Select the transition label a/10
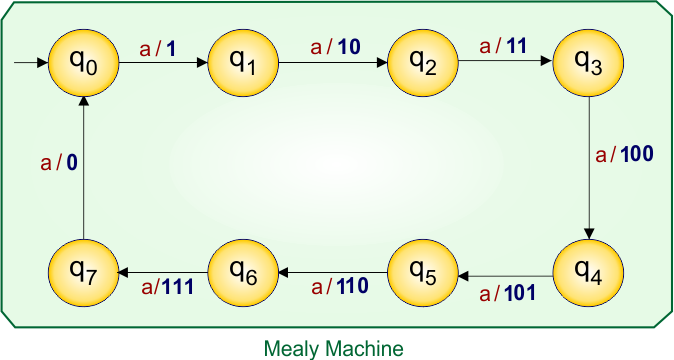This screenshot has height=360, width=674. tap(331, 47)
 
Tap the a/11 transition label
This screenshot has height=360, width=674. tap(502, 46)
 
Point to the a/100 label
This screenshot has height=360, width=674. tap(624, 155)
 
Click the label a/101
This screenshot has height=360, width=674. tap(508, 293)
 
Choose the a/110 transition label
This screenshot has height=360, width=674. tap(340, 287)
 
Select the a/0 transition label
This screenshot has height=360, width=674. tap(59, 163)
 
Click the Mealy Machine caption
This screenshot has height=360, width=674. tap(334, 348)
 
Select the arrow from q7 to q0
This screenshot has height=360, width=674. tap(83, 170)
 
